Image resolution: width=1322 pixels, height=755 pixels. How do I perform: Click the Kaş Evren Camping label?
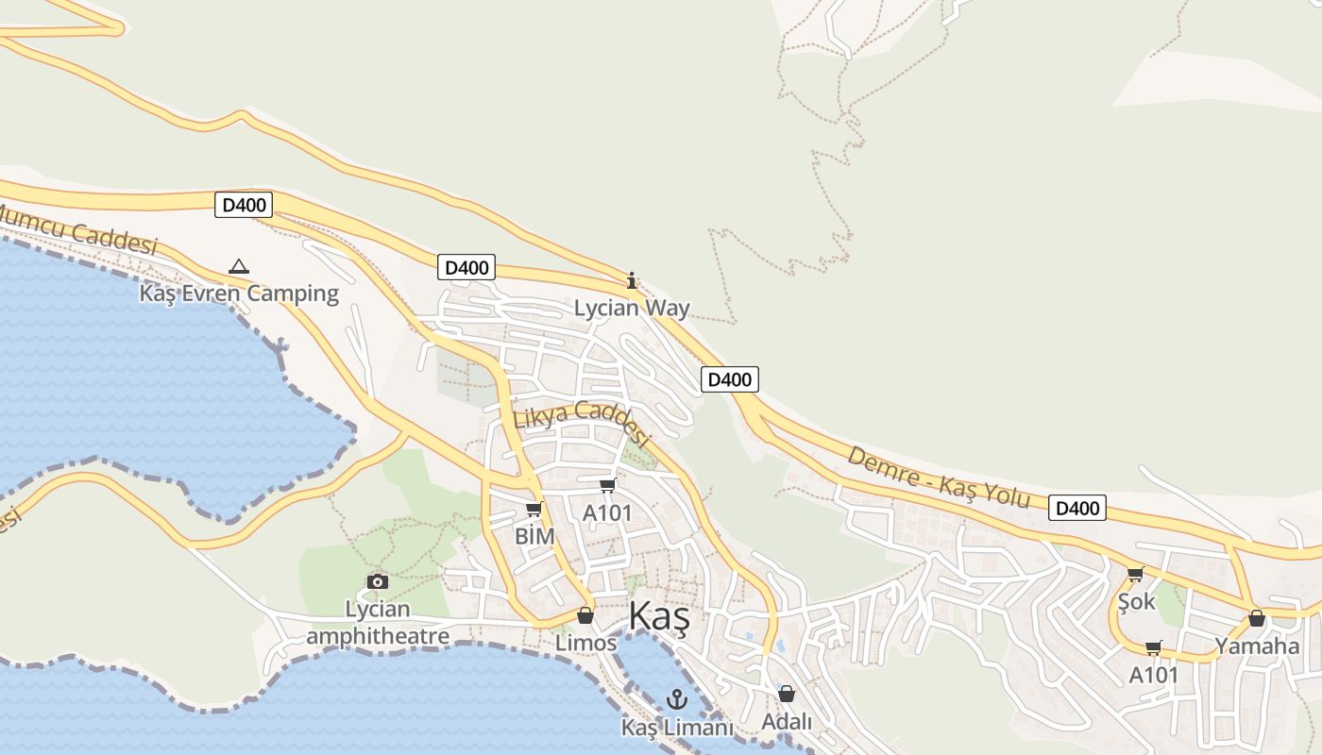coord(239,294)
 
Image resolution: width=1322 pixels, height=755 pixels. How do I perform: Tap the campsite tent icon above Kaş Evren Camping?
coord(239,267)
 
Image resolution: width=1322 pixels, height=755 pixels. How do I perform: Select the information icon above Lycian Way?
coord(632,280)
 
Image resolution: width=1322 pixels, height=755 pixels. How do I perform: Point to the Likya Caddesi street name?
coord(582,422)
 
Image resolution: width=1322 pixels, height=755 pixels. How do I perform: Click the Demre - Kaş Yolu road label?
coord(938,477)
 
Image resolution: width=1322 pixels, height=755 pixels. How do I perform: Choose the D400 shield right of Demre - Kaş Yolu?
coord(1076,509)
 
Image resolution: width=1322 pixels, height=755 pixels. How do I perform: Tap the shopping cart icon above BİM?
coord(534,510)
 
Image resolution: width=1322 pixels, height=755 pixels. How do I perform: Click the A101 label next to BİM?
coord(606,513)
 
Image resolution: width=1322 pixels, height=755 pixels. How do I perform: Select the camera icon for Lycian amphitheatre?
coord(377,581)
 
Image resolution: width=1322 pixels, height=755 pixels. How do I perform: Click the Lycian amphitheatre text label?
coord(378,623)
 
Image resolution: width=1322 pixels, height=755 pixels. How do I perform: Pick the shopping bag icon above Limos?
coord(585,615)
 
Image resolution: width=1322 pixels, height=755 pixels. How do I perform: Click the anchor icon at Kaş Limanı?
coord(676,699)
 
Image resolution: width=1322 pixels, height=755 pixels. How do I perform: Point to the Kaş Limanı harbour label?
coord(677,728)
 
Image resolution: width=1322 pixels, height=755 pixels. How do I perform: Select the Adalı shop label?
coord(787,721)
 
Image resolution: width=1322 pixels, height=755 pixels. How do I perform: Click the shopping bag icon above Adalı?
coord(787,694)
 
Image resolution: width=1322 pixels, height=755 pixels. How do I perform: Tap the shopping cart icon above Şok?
coord(1135,574)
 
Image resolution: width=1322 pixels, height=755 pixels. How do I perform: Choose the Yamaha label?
coord(1257,646)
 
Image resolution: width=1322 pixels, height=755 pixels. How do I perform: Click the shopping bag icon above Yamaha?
coord(1257,618)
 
